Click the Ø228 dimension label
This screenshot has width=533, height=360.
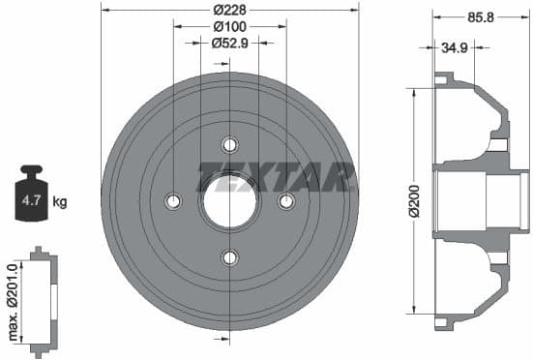(x=229, y=10)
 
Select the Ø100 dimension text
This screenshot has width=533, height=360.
(x=229, y=26)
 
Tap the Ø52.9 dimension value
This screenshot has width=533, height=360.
(x=229, y=43)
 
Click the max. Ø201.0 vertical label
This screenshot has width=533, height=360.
(x=12, y=300)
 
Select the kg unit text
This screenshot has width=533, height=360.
(x=60, y=202)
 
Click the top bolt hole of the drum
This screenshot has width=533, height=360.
(x=229, y=145)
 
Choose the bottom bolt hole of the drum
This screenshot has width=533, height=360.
(x=229, y=257)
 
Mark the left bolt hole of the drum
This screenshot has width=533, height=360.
(x=173, y=201)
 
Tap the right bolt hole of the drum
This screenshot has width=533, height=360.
(x=285, y=201)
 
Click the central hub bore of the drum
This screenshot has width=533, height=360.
(x=229, y=201)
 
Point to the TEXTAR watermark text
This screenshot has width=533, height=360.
(x=277, y=177)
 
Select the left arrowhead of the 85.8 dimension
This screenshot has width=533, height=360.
(x=435, y=16)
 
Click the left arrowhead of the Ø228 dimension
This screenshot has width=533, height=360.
(x=104, y=10)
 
